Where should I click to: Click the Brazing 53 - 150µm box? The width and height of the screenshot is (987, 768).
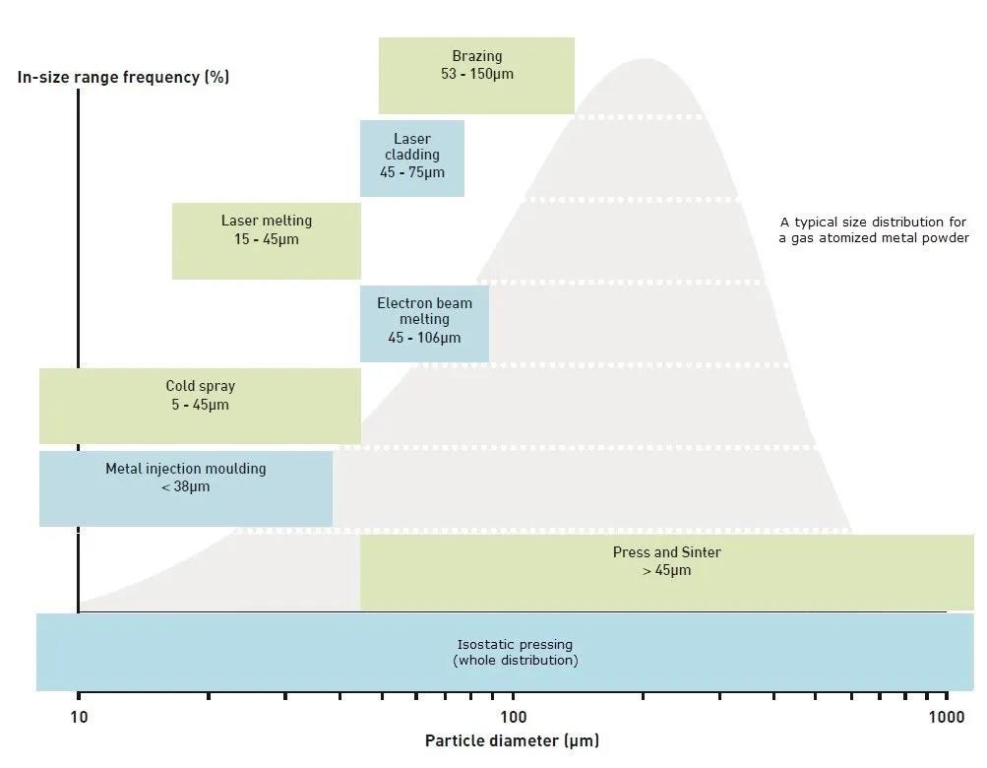[x=476, y=75]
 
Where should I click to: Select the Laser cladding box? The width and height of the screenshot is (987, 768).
[x=411, y=158]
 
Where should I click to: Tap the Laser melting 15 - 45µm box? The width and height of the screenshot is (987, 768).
[x=266, y=240]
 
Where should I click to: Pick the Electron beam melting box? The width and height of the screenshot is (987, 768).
[x=424, y=323]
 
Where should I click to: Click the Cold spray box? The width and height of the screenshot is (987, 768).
[x=200, y=406]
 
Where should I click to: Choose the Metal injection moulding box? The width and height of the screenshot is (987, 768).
[x=185, y=488]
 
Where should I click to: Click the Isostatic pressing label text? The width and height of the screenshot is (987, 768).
[x=515, y=645]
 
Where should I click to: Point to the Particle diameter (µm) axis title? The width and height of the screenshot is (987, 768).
[x=512, y=740]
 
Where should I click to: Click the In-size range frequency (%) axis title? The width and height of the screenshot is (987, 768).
[x=123, y=77]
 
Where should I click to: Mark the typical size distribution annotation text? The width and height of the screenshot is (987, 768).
[x=874, y=230]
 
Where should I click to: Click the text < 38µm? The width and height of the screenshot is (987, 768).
[x=185, y=486]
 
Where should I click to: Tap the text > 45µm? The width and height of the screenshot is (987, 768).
[x=666, y=570]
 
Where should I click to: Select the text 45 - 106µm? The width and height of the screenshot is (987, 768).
[x=424, y=338]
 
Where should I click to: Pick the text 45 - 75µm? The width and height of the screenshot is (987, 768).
[x=411, y=172]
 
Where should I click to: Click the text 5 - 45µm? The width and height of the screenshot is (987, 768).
[x=200, y=405]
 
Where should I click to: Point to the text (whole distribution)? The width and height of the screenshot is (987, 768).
[x=515, y=660]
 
